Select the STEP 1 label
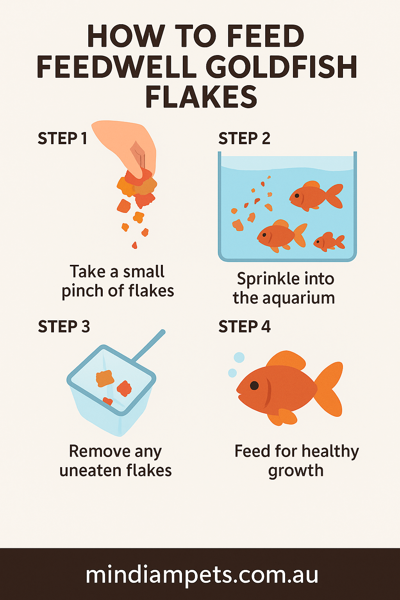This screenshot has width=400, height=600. click(x=62, y=139)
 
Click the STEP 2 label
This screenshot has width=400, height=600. click(x=244, y=139)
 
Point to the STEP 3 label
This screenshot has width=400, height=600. click(x=64, y=327)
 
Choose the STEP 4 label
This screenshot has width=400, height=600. click(x=244, y=327)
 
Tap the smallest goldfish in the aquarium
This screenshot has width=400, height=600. click(x=328, y=242)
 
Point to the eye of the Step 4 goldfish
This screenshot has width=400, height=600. click(x=254, y=386)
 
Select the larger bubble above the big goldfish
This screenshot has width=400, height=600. click(x=239, y=357)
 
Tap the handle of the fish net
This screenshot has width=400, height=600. click(x=149, y=346)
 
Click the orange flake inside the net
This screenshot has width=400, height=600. click(x=105, y=378)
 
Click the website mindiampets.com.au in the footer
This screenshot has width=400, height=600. click(x=202, y=575)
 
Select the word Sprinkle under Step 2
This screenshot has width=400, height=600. click(x=263, y=279)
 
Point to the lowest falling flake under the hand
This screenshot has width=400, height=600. click(x=134, y=245)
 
